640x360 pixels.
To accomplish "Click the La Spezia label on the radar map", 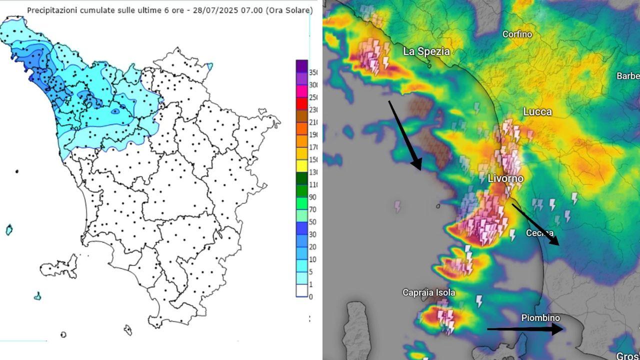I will click(426, 51).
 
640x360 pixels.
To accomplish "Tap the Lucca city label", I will click(537, 112).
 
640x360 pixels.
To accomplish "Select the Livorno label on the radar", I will click(505, 178).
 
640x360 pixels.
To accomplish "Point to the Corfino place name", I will click(517, 34).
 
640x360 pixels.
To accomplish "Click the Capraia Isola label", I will click(429, 292).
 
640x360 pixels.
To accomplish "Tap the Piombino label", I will click(540, 318).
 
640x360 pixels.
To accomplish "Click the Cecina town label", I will click(539, 233).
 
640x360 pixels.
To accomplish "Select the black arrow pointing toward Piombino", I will click(525, 328).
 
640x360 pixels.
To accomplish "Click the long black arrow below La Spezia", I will click(405, 135).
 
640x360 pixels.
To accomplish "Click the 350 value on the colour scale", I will click(313, 72).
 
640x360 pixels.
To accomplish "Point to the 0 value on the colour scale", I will click(311, 297).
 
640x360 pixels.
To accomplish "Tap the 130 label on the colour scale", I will click(313, 172).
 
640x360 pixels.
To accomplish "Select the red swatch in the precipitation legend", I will click(301, 103).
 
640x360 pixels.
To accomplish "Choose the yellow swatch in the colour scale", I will click(301, 166).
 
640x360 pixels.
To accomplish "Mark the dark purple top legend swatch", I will click(301, 66).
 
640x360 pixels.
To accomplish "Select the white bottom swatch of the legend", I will click(301, 290).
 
